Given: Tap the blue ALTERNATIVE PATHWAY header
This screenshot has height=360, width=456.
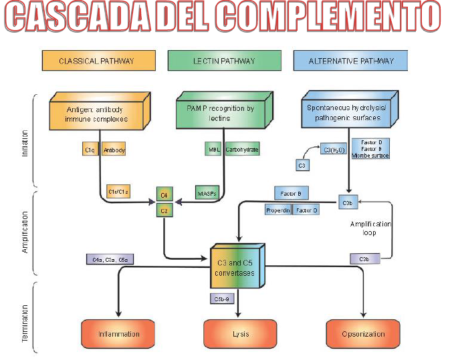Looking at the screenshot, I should tap(350, 61).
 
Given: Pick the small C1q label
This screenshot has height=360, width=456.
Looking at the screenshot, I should tap(90, 150).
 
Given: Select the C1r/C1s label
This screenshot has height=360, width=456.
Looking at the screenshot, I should tap(118, 192).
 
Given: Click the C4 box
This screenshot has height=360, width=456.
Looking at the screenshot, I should tap(163, 194).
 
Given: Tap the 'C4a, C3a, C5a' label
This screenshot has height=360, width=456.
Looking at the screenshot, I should tap(110, 258).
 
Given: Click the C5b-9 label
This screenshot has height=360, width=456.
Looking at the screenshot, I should tap(221, 298).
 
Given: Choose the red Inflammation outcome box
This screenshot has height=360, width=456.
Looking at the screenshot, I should tap(119, 333).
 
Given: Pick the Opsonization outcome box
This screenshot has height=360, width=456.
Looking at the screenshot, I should tap(363, 333).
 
